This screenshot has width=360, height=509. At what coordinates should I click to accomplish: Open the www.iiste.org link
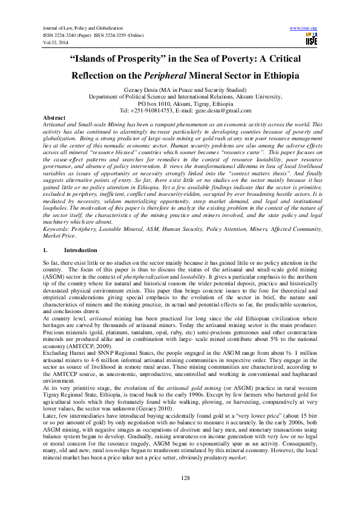click(304, 28)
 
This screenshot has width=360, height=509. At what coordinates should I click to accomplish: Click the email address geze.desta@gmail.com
click(215, 111)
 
